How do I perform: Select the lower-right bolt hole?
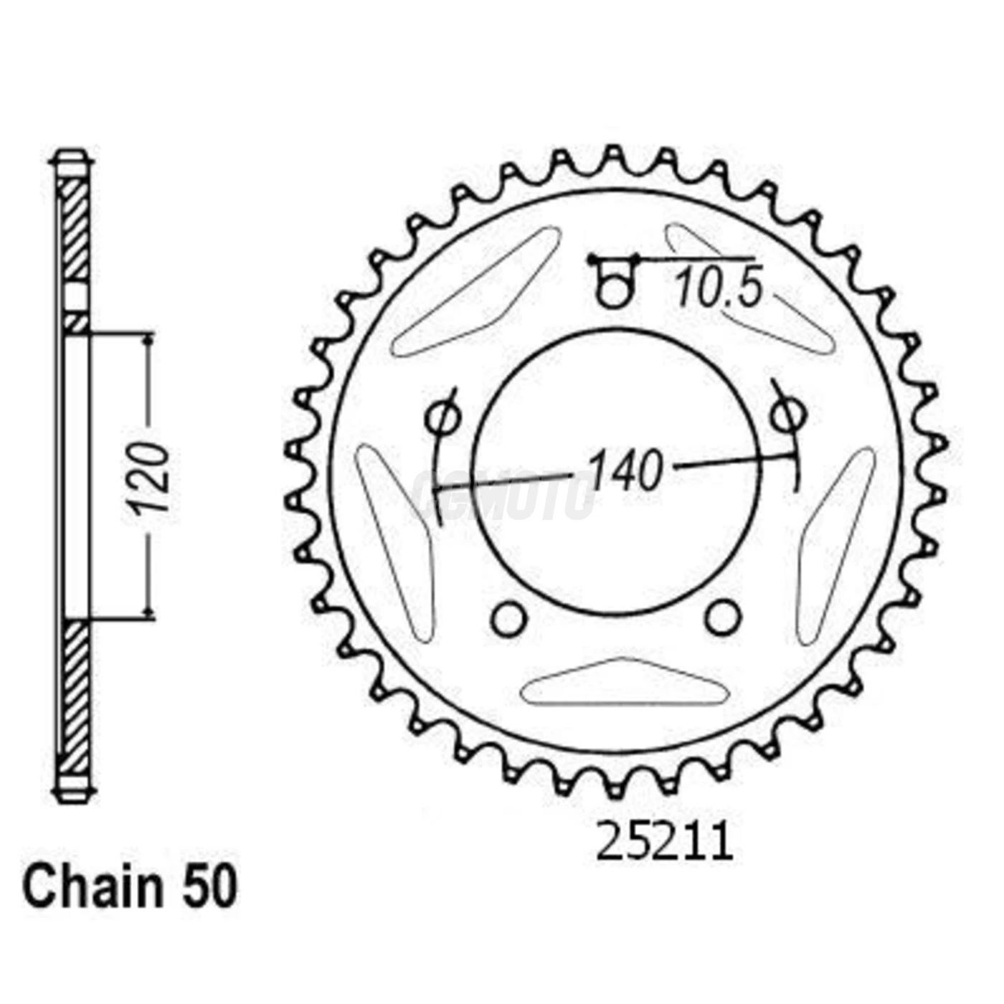tap(722, 617)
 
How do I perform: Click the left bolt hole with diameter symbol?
tap(442, 416)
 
